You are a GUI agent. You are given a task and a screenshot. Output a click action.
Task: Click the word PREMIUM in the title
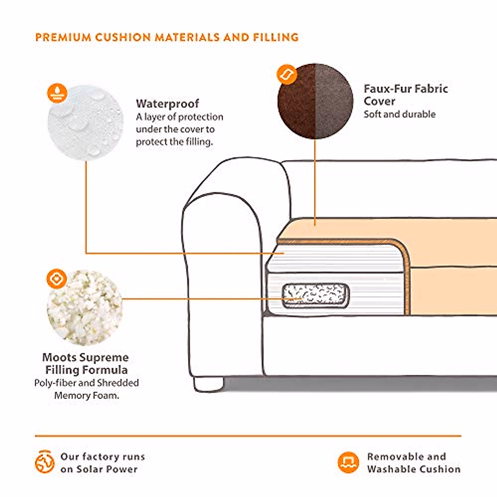pos(63,37)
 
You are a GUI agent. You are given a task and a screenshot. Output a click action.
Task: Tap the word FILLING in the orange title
pos(276,37)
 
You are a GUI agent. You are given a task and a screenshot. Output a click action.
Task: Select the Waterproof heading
pos(167,104)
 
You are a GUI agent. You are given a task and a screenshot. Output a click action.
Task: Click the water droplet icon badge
pos(57,93)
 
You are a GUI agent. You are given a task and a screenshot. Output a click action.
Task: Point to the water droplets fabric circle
pos(86,122)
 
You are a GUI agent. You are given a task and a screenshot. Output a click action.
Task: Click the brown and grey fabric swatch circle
pos(315,101)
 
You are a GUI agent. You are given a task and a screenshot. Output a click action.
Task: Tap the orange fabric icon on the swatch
pos(287,75)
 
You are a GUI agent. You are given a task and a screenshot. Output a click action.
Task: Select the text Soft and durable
pos(400,114)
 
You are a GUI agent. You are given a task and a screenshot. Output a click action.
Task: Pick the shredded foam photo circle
pos(84,308)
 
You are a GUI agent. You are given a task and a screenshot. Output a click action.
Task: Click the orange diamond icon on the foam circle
pos(56,279)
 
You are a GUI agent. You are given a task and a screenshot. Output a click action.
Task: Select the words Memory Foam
pos(87,396)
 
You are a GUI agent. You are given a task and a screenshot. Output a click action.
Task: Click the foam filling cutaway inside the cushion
pos(316,296)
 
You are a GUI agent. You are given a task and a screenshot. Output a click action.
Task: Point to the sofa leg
pos(208,384)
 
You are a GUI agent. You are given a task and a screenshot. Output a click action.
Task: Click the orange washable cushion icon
pos(348,463)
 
